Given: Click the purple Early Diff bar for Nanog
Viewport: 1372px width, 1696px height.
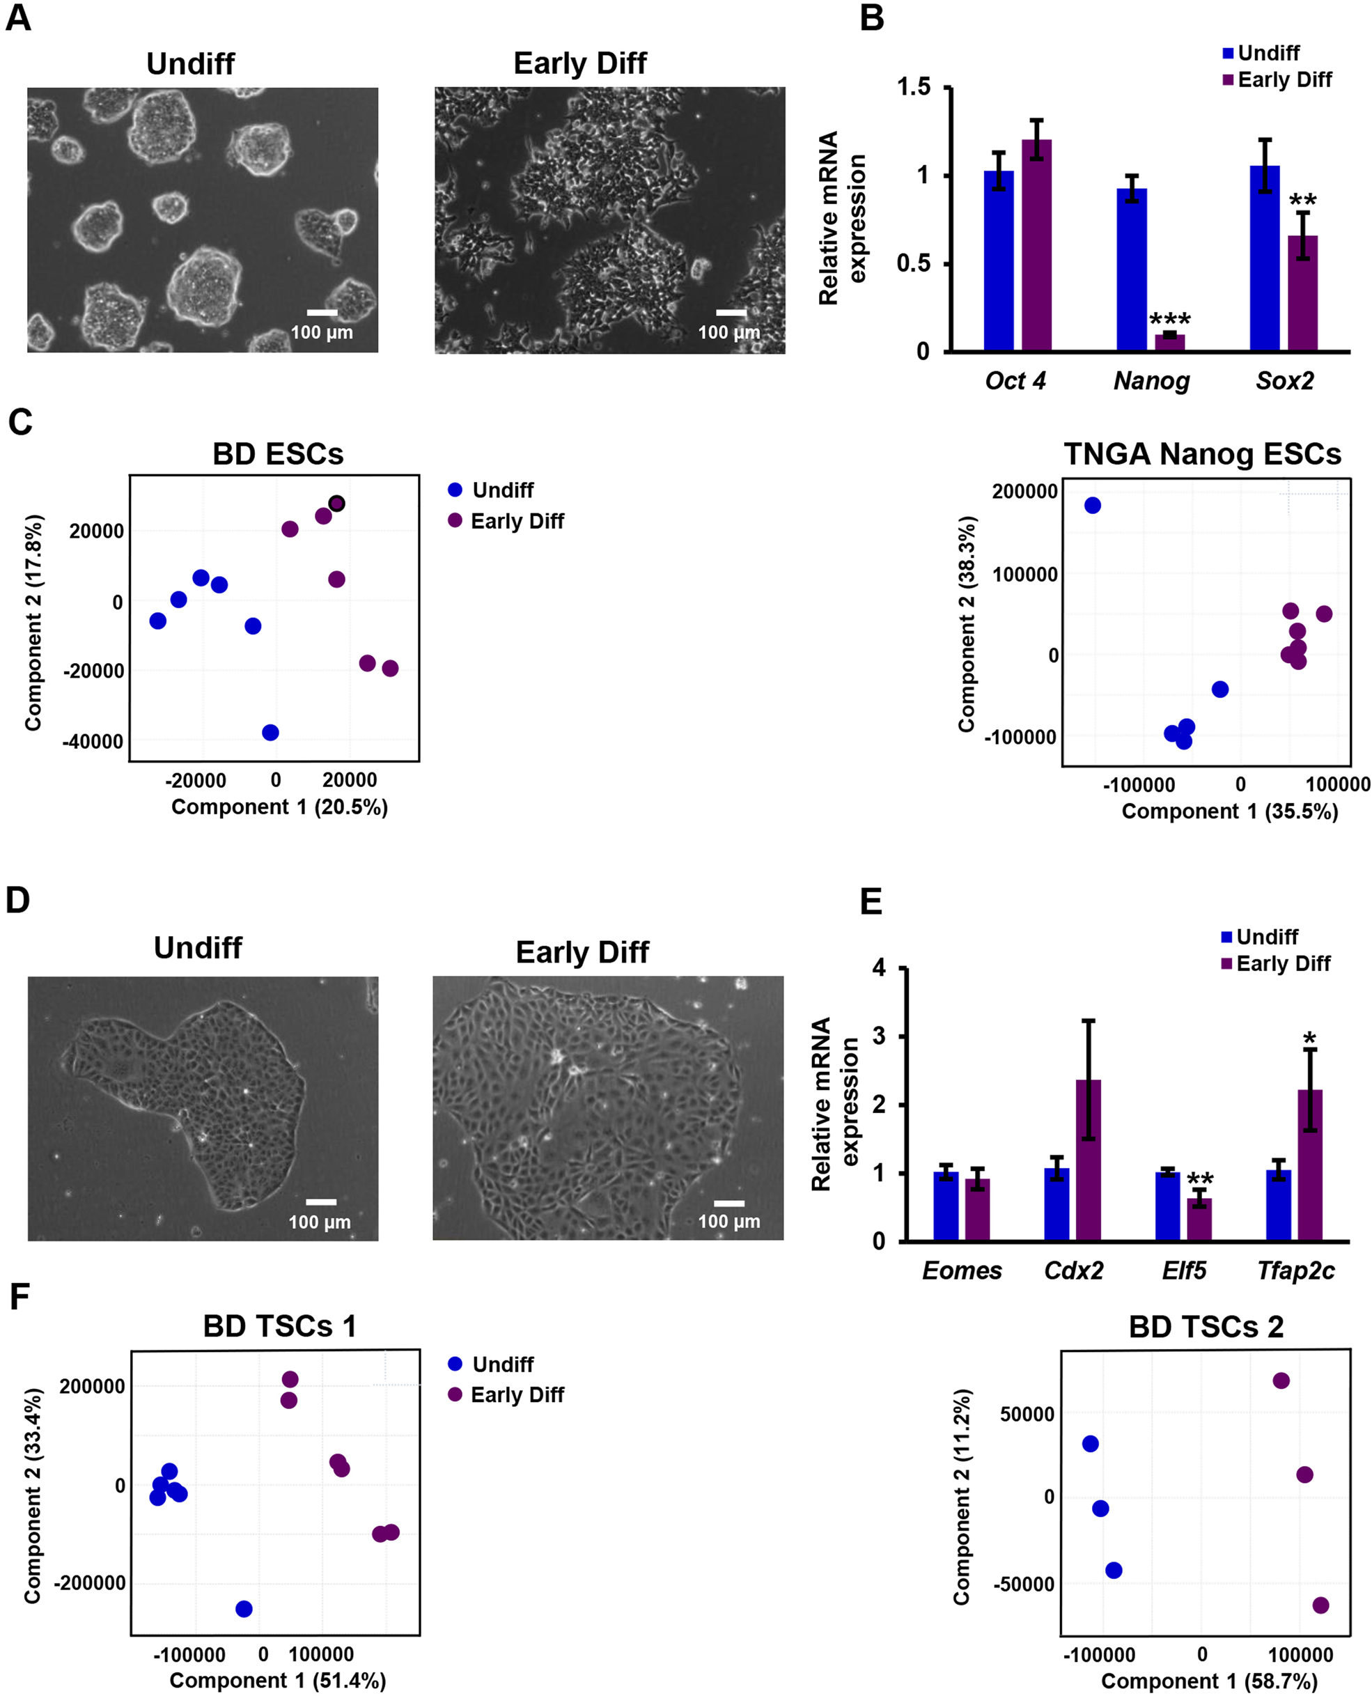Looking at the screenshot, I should (x=1169, y=342).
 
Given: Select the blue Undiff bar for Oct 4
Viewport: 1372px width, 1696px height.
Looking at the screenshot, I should (x=999, y=260).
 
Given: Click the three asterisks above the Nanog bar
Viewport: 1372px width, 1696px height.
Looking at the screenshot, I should (x=1169, y=320).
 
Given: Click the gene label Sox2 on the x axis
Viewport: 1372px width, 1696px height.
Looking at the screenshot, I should (x=1284, y=381).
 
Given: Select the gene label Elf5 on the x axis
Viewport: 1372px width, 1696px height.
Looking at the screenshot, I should (x=1184, y=1271).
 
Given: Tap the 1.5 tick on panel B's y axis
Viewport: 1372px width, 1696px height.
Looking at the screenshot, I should (x=914, y=87).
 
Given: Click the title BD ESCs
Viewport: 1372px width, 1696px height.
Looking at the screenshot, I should (x=278, y=454).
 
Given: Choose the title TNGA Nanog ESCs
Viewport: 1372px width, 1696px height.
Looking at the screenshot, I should (x=1202, y=454).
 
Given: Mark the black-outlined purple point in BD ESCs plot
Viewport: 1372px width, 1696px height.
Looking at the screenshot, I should (x=336, y=504).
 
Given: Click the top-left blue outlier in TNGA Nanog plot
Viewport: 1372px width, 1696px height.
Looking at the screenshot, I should (x=1093, y=506).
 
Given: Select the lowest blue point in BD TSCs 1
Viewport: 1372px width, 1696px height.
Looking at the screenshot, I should (x=244, y=1609).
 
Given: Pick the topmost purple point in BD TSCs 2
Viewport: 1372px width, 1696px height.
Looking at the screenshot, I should (x=1281, y=1380).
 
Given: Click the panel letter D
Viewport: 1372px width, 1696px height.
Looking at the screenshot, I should (x=18, y=900).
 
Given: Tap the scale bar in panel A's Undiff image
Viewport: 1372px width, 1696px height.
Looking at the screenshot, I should (x=322, y=313).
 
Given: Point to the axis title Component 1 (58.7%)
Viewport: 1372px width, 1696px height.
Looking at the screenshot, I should (x=1209, y=1681).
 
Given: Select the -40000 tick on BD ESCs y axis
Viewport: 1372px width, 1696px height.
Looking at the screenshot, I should (x=93, y=742).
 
